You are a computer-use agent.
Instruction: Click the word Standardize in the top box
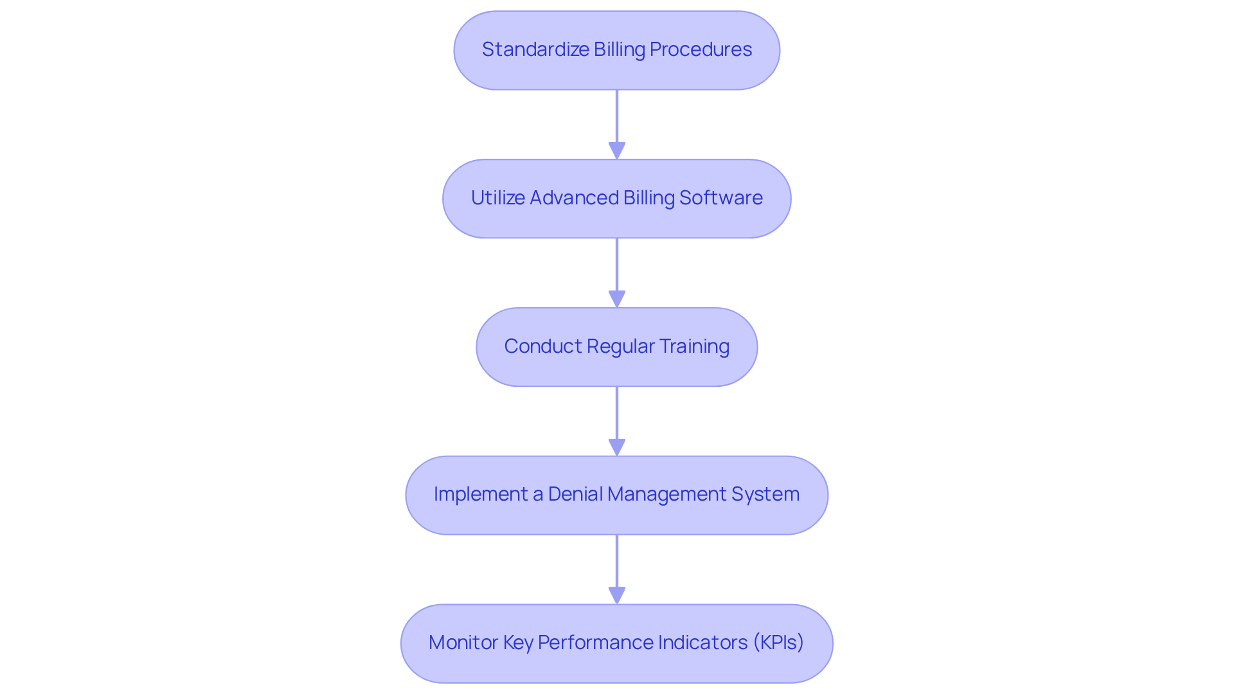tap(535, 49)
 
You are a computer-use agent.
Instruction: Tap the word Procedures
tap(701, 49)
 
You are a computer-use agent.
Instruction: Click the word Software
tap(721, 197)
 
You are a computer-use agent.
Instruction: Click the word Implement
tap(481, 495)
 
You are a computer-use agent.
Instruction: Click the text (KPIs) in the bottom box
tap(778, 643)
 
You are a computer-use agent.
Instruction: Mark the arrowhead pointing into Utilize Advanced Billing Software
tap(617, 150)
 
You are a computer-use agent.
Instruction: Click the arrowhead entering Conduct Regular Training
tap(617, 299)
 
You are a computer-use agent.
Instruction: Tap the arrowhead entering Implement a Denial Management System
tap(617, 447)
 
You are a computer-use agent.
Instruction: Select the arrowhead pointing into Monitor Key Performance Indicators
tap(617, 595)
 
